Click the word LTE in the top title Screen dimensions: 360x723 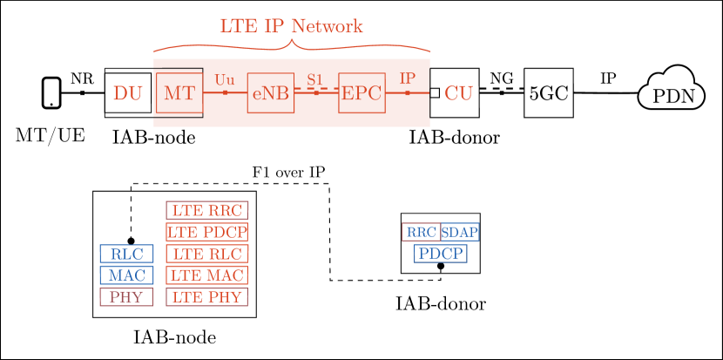(238, 26)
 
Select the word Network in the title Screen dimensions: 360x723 (327, 26)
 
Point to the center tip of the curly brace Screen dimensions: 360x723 (292, 41)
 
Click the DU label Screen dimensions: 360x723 (127, 93)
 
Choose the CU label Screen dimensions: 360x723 (458, 93)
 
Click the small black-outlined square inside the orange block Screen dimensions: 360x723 (179, 92)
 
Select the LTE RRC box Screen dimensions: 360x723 (207, 210)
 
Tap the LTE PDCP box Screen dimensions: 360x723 (207, 232)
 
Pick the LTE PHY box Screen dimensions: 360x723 (207, 297)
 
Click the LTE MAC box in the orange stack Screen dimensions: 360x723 (207, 275)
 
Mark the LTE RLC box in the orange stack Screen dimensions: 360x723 (207, 254)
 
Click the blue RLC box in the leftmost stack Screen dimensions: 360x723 (126, 254)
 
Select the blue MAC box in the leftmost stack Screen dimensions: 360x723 (126, 275)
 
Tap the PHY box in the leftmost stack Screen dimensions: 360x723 (126, 297)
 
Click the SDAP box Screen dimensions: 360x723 (459, 232)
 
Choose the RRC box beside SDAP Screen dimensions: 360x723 (421, 232)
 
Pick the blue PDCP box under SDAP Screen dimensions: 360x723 (441, 254)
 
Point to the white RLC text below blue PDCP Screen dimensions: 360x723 (416, 276)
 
